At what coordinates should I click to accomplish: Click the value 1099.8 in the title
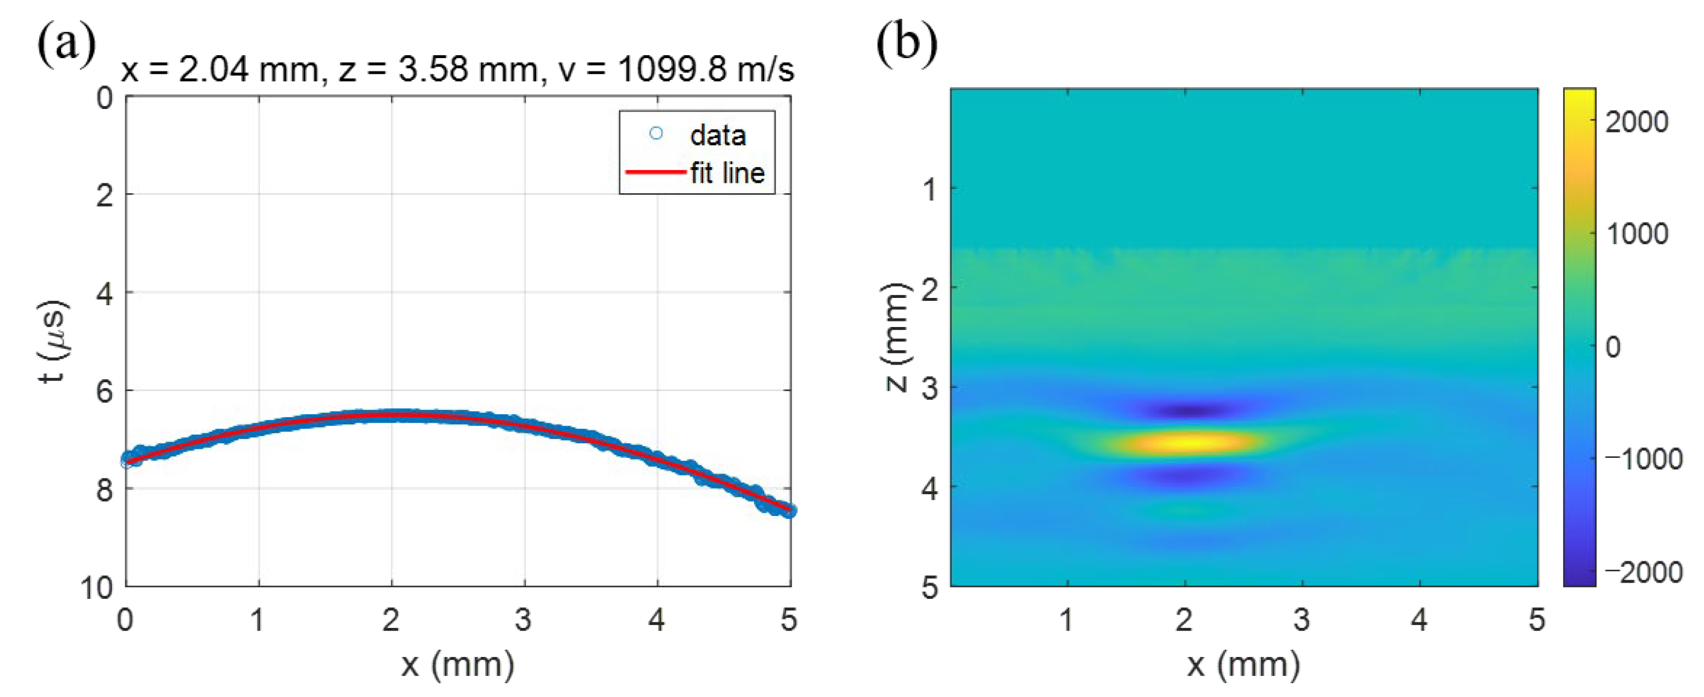(x=670, y=70)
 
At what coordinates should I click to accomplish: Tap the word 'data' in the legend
(x=718, y=136)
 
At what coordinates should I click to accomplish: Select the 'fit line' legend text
(x=727, y=173)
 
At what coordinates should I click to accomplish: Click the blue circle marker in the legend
(x=655, y=134)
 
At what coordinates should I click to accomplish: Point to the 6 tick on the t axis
(x=105, y=391)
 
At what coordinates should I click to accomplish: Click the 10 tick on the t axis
(x=97, y=586)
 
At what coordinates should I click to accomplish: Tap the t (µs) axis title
(x=53, y=342)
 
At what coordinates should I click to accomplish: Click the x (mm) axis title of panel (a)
(x=457, y=664)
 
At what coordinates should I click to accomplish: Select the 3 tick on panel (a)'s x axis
(x=524, y=619)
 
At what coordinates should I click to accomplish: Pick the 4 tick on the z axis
(x=929, y=489)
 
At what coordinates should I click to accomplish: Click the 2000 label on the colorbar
(x=1636, y=122)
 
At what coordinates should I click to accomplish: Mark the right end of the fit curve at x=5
(x=789, y=510)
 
